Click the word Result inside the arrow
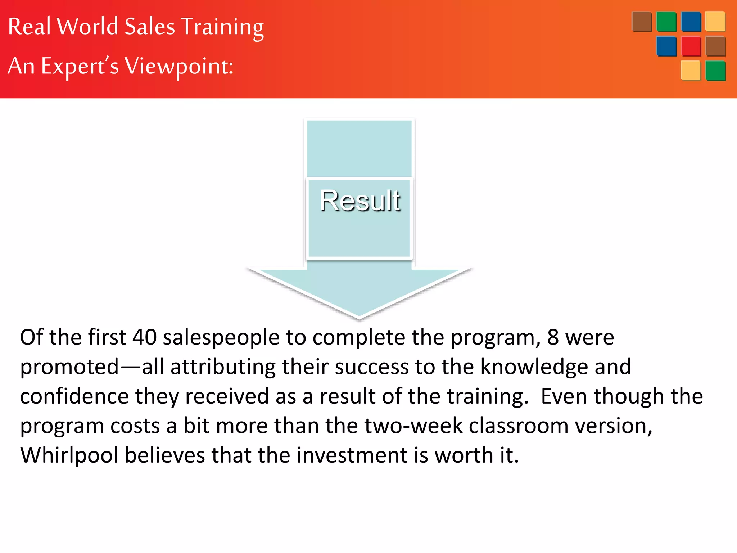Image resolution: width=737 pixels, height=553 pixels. [x=360, y=201]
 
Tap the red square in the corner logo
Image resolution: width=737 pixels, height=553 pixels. [x=691, y=46]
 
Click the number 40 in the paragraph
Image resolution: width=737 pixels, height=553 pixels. [x=145, y=337]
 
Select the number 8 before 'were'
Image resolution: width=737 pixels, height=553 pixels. [x=553, y=337]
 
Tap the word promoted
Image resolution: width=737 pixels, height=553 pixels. [x=69, y=367]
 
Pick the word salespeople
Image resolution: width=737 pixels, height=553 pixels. [x=221, y=338]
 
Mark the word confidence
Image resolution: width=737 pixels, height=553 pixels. [x=74, y=396]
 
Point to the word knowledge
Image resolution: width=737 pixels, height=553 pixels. [x=534, y=367]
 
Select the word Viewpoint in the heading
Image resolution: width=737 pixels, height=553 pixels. [x=179, y=67]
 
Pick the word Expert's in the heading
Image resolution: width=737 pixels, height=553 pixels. [x=80, y=67]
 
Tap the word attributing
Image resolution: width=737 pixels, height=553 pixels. [x=223, y=367]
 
